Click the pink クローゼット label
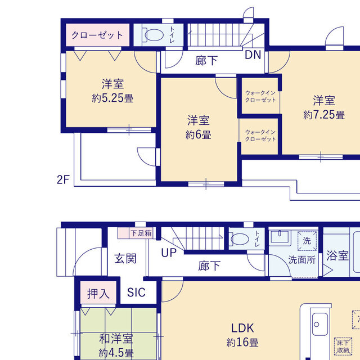click(x=97, y=35)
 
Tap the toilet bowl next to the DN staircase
click(x=152, y=35)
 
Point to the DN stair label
click(x=253, y=55)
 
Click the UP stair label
click(x=169, y=254)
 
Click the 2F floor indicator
click(x=63, y=180)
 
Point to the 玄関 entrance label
click(x=125, y=259)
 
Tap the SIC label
click(x=136, y=292)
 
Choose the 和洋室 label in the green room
click(x=116, y=339)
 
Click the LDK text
click(x=243, y=328)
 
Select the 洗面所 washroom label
click(x=301, y=260)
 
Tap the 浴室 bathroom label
click(x=337, y=256)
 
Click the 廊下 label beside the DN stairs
click(x=206, y=61)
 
